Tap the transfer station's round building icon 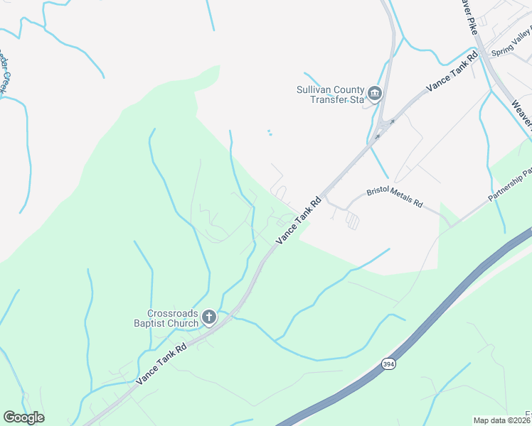click(x=375, y=93)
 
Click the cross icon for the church click(x=209, y=317)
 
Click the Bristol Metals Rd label click(x=395, y=197)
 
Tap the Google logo click(x=23, y=417)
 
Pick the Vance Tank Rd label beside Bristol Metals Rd click(x=299, y=221)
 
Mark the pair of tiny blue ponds click(x=269, y=133)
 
